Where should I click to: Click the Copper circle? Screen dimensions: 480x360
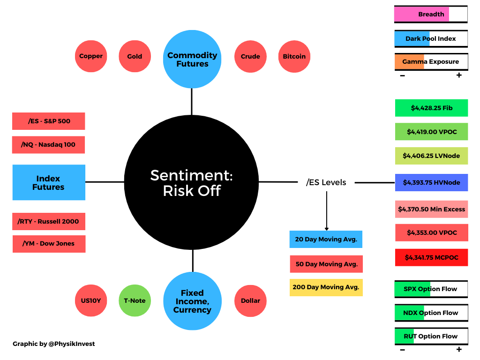[x=91, y=56]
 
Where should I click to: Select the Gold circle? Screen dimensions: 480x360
[x=135, y=56]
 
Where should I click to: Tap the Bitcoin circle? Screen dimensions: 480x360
[x=294, y=56]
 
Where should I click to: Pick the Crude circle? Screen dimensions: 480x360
[x=250, y=56]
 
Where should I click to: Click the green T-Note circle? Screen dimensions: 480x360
[x=135, y=300]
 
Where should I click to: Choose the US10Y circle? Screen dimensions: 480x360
[x=91, y=300]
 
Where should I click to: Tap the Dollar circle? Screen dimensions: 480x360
[x=250, y=300]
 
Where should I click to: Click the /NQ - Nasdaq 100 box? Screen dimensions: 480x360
[x=48, y=145]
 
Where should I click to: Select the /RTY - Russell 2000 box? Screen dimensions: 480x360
[x=49, y=221]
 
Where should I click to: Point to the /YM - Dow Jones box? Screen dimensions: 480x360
[x=49, y=244]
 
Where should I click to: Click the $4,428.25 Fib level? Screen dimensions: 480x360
[x=431, y=108]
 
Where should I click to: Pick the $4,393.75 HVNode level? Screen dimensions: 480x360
[x=431, y=183]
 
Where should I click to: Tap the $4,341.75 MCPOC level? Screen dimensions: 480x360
[x=431, y=257]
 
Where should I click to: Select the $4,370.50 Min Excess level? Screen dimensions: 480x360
[x=431, y=210]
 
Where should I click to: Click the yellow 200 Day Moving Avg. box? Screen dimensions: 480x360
[x=326, y=287]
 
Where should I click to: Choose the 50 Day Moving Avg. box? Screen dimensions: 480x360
[x=326, y=264]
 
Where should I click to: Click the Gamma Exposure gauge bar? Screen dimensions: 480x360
[x=431, y=62]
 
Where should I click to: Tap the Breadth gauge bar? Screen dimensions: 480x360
[x=431, y=15]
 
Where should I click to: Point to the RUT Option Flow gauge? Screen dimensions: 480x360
[x=431, y=337]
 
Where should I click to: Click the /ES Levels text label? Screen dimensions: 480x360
[x=326, y=182]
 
